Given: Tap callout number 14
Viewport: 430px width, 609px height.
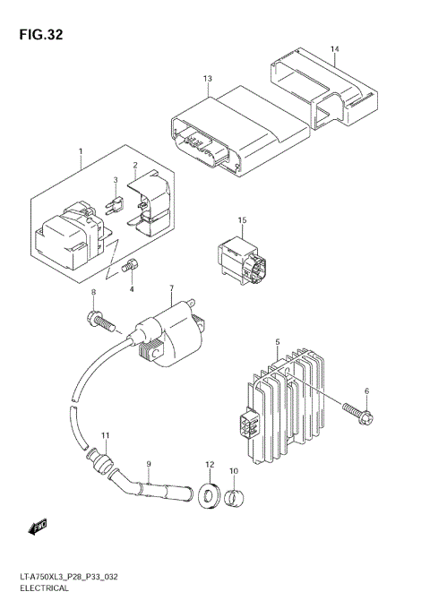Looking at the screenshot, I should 334,48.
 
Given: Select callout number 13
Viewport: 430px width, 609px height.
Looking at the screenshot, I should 207,79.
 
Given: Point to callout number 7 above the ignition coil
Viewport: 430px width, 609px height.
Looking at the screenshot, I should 171,287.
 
